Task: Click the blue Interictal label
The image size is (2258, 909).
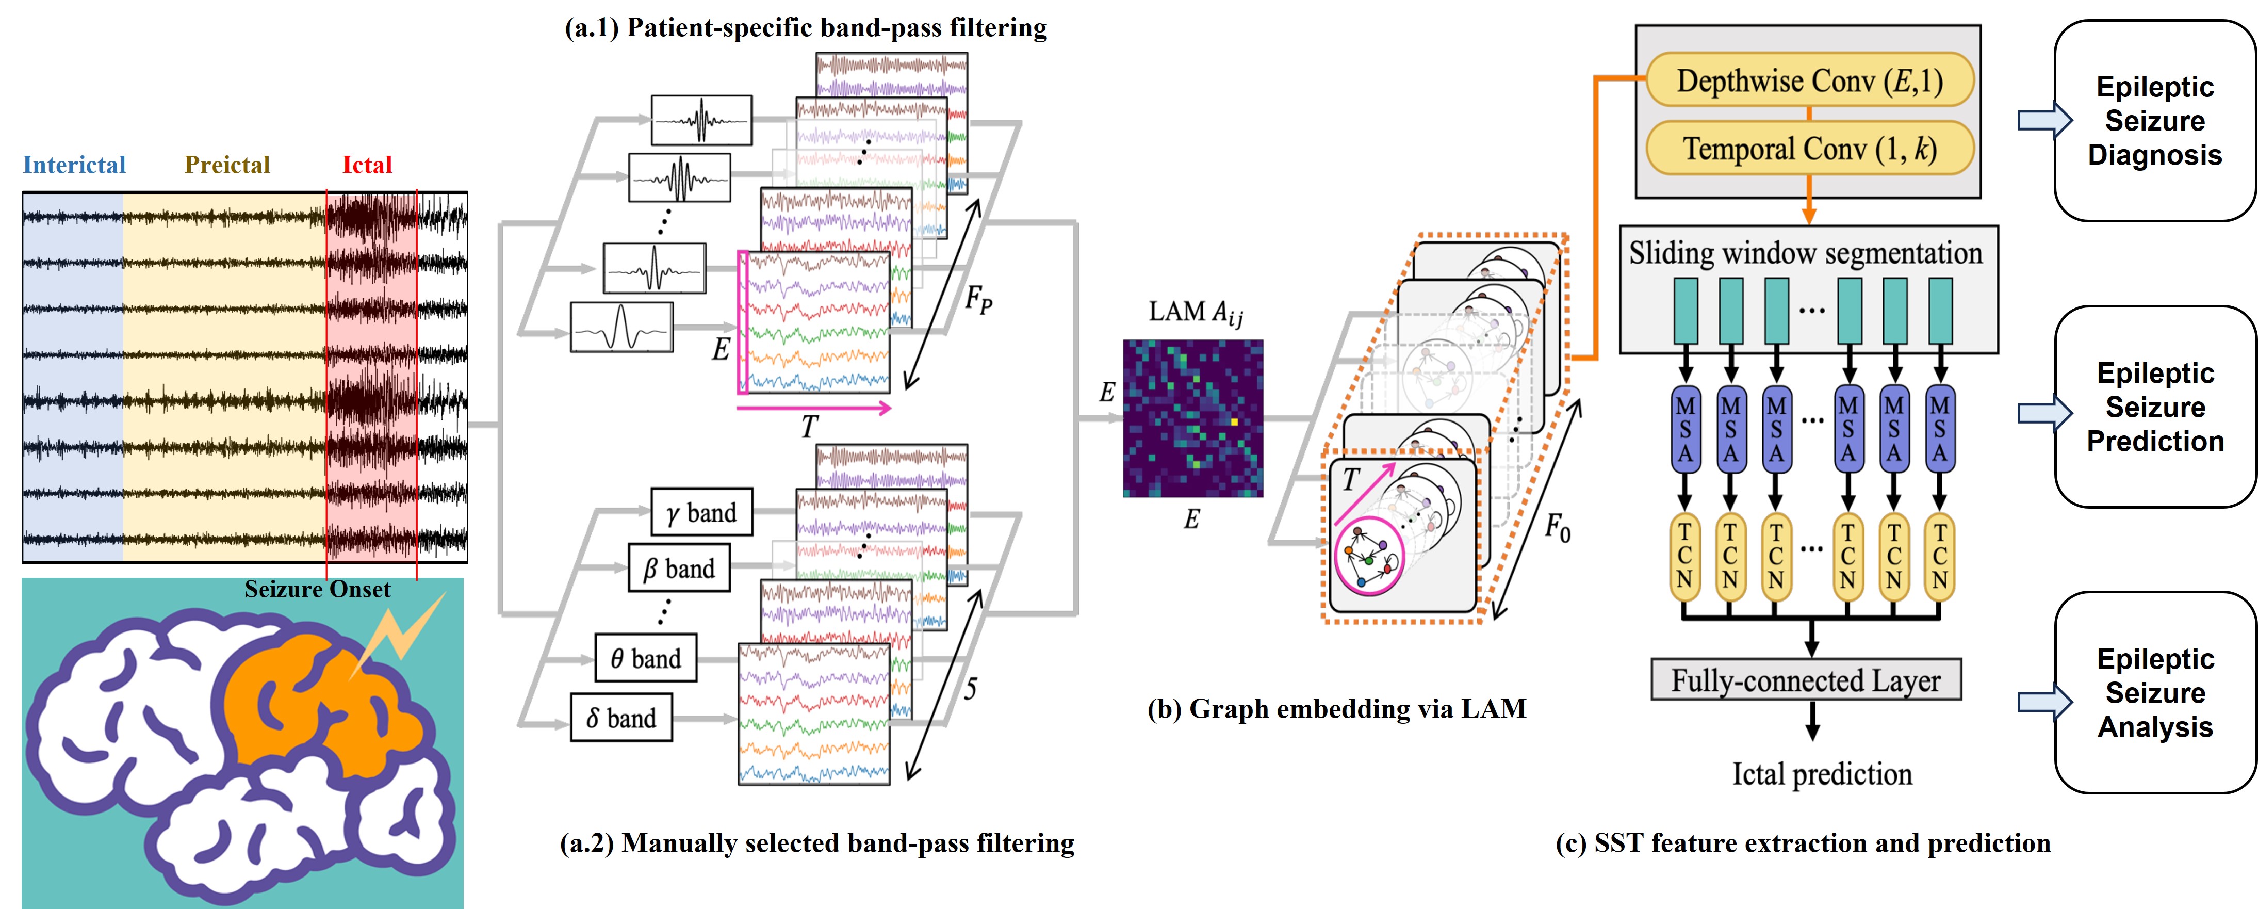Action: click(74, 165)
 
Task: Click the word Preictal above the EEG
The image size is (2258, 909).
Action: click(227, 165)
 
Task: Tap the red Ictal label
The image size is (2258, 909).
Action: click(366, 165)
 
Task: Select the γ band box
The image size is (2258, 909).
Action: click(701, 512)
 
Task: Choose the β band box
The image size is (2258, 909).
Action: click(679, 568)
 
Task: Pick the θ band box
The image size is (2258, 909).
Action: click(645, 658)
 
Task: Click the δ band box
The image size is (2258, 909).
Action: click(620, 718)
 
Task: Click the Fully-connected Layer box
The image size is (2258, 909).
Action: click(1806, 680)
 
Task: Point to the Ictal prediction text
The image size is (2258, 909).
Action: click(1822, 774)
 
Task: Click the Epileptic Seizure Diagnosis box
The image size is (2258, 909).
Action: click(2154, 121)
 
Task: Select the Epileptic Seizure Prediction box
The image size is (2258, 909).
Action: click(2154, 407)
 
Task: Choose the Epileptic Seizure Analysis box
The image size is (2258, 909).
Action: click(2154, 692)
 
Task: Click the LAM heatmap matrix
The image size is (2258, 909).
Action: click(1193, 418)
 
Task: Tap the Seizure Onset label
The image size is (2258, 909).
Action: click(317, 589)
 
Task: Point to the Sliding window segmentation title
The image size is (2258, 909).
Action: click(1806, 253)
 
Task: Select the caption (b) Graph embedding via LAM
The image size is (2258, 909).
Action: click(1337, 708)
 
